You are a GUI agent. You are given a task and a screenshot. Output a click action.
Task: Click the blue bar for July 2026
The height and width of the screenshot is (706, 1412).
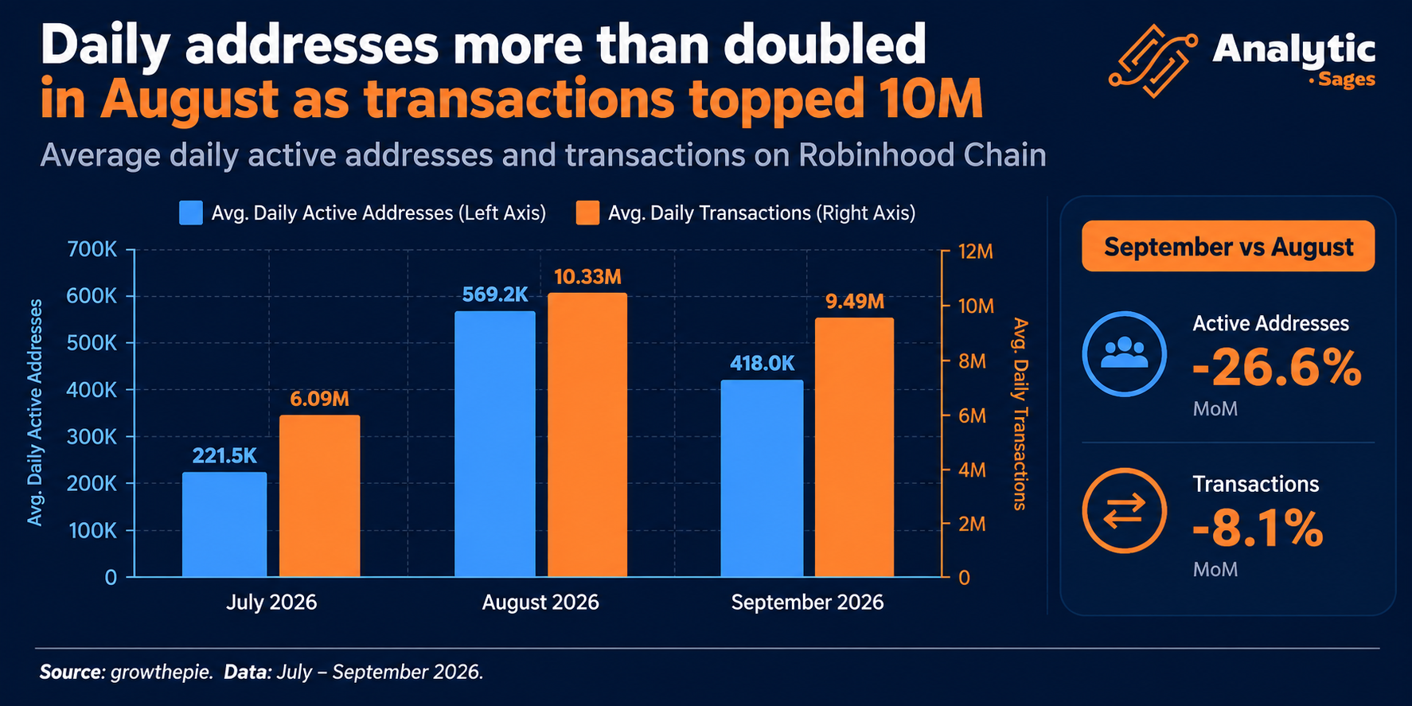point(224,525)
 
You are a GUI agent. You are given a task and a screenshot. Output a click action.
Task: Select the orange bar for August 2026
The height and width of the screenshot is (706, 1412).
point(587,435)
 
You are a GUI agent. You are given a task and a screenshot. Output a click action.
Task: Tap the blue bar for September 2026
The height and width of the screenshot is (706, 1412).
point(763,478)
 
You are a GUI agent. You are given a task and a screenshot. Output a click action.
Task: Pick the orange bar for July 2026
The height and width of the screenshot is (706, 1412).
point(319,496)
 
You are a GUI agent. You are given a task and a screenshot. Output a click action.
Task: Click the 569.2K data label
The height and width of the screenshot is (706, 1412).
point(495,294)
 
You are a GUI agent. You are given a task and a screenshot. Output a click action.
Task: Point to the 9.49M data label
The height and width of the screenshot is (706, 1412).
point(855,302)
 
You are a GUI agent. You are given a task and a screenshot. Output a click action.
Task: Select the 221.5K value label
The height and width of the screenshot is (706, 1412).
point(224,455)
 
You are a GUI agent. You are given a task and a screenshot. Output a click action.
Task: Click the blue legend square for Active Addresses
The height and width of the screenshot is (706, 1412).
point(191,213)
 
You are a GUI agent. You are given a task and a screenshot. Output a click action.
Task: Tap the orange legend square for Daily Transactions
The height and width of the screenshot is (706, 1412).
point(587,213)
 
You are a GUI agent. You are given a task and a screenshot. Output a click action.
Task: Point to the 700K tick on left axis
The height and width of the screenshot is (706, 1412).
point(92,250)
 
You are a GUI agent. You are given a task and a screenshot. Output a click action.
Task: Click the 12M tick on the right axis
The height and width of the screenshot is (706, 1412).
point(976,252)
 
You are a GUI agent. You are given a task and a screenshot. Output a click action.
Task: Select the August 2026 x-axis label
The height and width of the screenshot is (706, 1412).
point(540,603)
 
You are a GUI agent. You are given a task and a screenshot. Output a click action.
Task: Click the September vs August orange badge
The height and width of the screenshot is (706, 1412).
point(1228,246)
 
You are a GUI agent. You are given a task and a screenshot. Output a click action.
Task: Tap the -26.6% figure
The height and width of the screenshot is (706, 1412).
point(1277,368)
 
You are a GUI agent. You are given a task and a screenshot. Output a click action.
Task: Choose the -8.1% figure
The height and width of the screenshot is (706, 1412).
point(1258,529)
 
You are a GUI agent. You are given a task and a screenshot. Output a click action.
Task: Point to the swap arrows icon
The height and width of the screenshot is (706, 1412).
point(1125,510)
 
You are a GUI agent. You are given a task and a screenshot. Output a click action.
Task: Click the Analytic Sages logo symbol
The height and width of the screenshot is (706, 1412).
point(1153,60)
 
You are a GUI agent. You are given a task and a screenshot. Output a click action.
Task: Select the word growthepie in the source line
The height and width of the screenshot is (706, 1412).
point(162,673)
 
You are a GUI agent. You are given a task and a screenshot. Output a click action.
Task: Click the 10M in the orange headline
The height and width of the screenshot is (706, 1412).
point(930,99)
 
